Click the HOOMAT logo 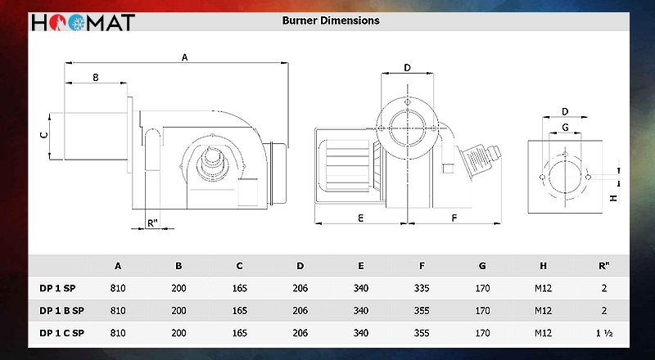tap(84, 23)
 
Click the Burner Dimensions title tap(331, 20)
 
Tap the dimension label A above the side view tap(185, 57)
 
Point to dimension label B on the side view tap(96, 77)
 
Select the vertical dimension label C tap(44, 134)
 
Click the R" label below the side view tap(153, 223)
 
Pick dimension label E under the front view tap(361, 218)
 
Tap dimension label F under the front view tap(454, 218)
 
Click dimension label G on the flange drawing tap(565, 128)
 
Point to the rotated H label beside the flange tap(613, 197)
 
